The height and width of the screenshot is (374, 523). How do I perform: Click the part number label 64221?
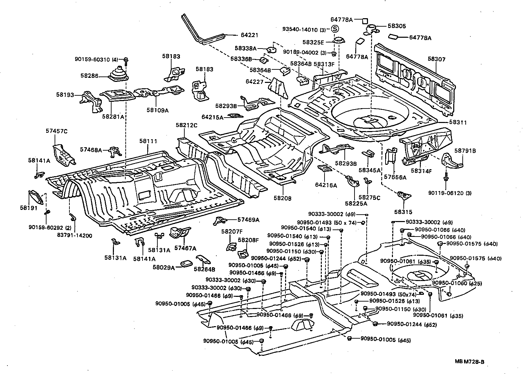(249, 34)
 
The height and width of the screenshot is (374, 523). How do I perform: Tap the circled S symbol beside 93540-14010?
(335, 29)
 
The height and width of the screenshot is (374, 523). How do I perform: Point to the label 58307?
(437, 59)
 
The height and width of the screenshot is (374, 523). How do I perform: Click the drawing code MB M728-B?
(469, 362)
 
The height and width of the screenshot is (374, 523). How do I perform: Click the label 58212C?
(186, 125)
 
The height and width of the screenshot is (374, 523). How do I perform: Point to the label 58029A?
(164, 268)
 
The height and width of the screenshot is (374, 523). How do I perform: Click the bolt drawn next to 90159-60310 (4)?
(126, 61)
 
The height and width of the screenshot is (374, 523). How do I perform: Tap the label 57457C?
(57, 131)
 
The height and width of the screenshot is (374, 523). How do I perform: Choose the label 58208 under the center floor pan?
(282, 198)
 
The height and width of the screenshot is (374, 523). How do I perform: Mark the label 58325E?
(313, 42)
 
